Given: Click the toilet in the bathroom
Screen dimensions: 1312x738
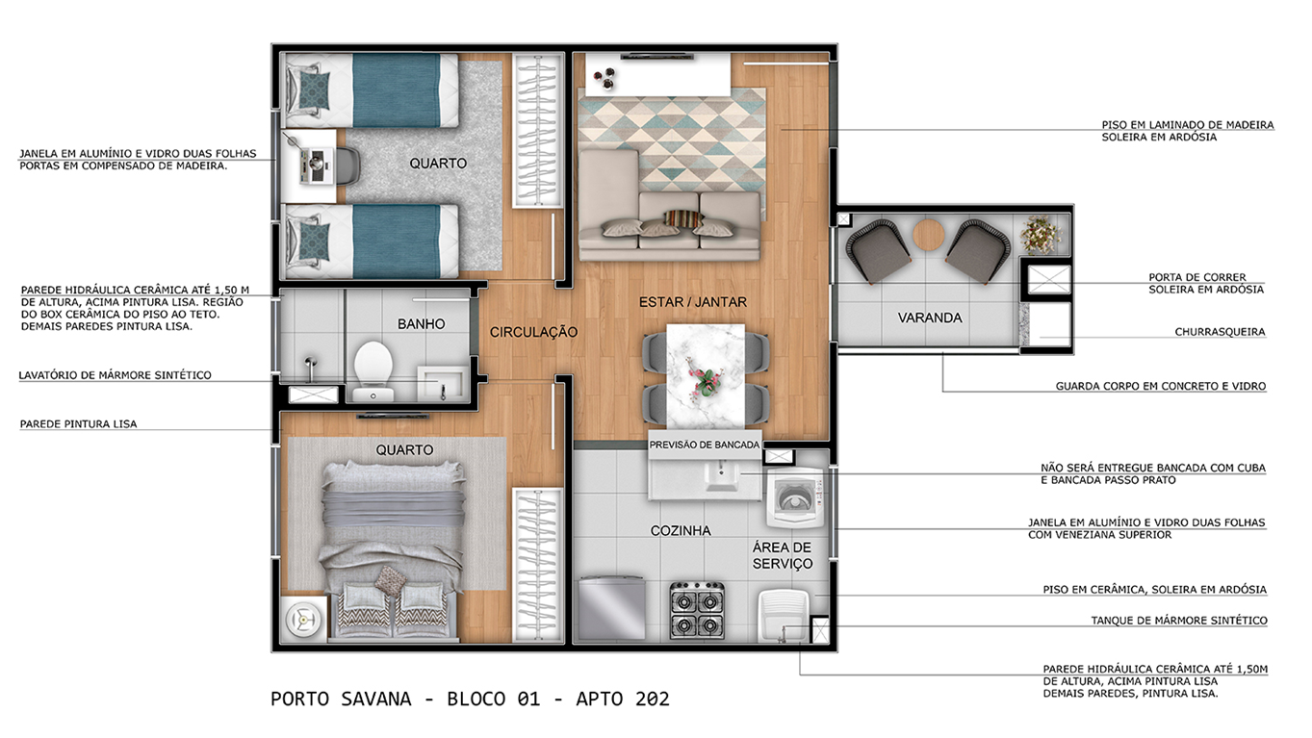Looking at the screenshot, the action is (373, 371).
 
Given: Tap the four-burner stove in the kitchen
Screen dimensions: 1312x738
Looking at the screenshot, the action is (697, 610).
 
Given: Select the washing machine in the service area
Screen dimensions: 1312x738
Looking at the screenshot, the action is (795, 497).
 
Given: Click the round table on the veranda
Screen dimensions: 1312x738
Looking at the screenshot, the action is (928, 236).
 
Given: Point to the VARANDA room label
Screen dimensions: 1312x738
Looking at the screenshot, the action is (930, 318).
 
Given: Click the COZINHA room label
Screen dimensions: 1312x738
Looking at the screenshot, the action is (680, 530).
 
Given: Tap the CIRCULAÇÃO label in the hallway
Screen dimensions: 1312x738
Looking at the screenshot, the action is (533, 332).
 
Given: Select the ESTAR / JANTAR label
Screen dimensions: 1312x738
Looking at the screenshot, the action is (692, 302).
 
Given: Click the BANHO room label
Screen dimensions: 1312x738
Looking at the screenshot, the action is (421, 323).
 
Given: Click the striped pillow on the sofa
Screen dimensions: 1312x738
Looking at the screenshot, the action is (683, 218).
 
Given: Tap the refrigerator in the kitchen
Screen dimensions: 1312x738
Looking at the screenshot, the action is (611, 608).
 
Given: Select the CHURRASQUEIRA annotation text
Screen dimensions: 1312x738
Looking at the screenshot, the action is (1220, 332).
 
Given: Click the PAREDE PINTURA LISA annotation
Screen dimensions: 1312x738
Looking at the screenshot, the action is (79, 423).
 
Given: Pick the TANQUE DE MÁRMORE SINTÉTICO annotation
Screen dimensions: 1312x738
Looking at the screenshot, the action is (1178, 621).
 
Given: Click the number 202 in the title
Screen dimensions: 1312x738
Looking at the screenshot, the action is (652, 699).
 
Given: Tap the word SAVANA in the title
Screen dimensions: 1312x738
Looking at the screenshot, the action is (376, 699).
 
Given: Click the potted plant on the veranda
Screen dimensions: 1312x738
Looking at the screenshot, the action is (1041, 235).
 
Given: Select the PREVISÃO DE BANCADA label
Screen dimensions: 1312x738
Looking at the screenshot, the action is (704, 445).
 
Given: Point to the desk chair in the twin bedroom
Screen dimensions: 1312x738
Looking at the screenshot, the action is (347, 166).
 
